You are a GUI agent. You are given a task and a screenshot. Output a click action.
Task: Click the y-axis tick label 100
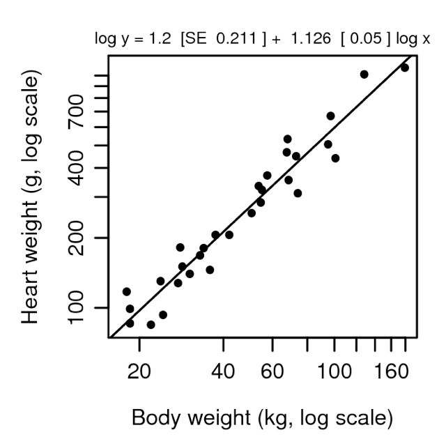[77, 307]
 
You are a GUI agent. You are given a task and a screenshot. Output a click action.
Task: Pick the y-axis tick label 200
[77, 238]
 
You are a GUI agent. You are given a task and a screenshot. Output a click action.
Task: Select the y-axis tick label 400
[77, 168]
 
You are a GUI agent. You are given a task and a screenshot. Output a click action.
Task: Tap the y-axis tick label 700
[77, 111]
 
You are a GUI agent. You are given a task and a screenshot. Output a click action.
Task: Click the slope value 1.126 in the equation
[309, 39]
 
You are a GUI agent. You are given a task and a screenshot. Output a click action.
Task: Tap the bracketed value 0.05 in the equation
[367, 39]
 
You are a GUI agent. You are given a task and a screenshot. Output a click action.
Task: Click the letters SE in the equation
[192, 39]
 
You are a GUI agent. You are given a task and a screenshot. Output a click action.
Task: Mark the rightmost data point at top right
[404, 68]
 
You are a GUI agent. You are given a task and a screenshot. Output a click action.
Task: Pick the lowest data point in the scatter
[151, 325]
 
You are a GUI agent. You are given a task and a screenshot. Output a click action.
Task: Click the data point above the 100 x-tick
[335, 158]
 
